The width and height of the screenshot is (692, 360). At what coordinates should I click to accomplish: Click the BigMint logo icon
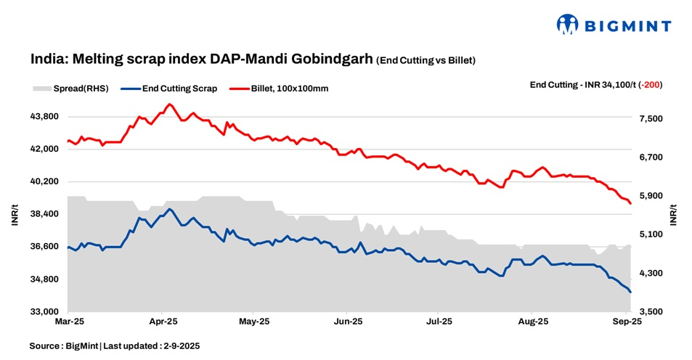(x=568, y=25)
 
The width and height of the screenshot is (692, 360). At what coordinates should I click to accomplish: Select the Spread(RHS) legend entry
(x=70, y=89)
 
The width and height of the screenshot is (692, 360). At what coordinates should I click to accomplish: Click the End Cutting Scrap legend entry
(x=179, y=89)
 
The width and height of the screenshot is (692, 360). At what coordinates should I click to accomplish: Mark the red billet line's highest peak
(x=169, y=105)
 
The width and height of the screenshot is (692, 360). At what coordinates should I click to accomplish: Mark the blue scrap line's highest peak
(x=169, y=209)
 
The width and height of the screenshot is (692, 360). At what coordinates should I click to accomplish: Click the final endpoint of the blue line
(x=630, y=292)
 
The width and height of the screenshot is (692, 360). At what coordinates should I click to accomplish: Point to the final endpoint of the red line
(x=630, y=203)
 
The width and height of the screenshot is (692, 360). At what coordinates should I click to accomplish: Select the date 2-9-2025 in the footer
(x=176, y=346)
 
